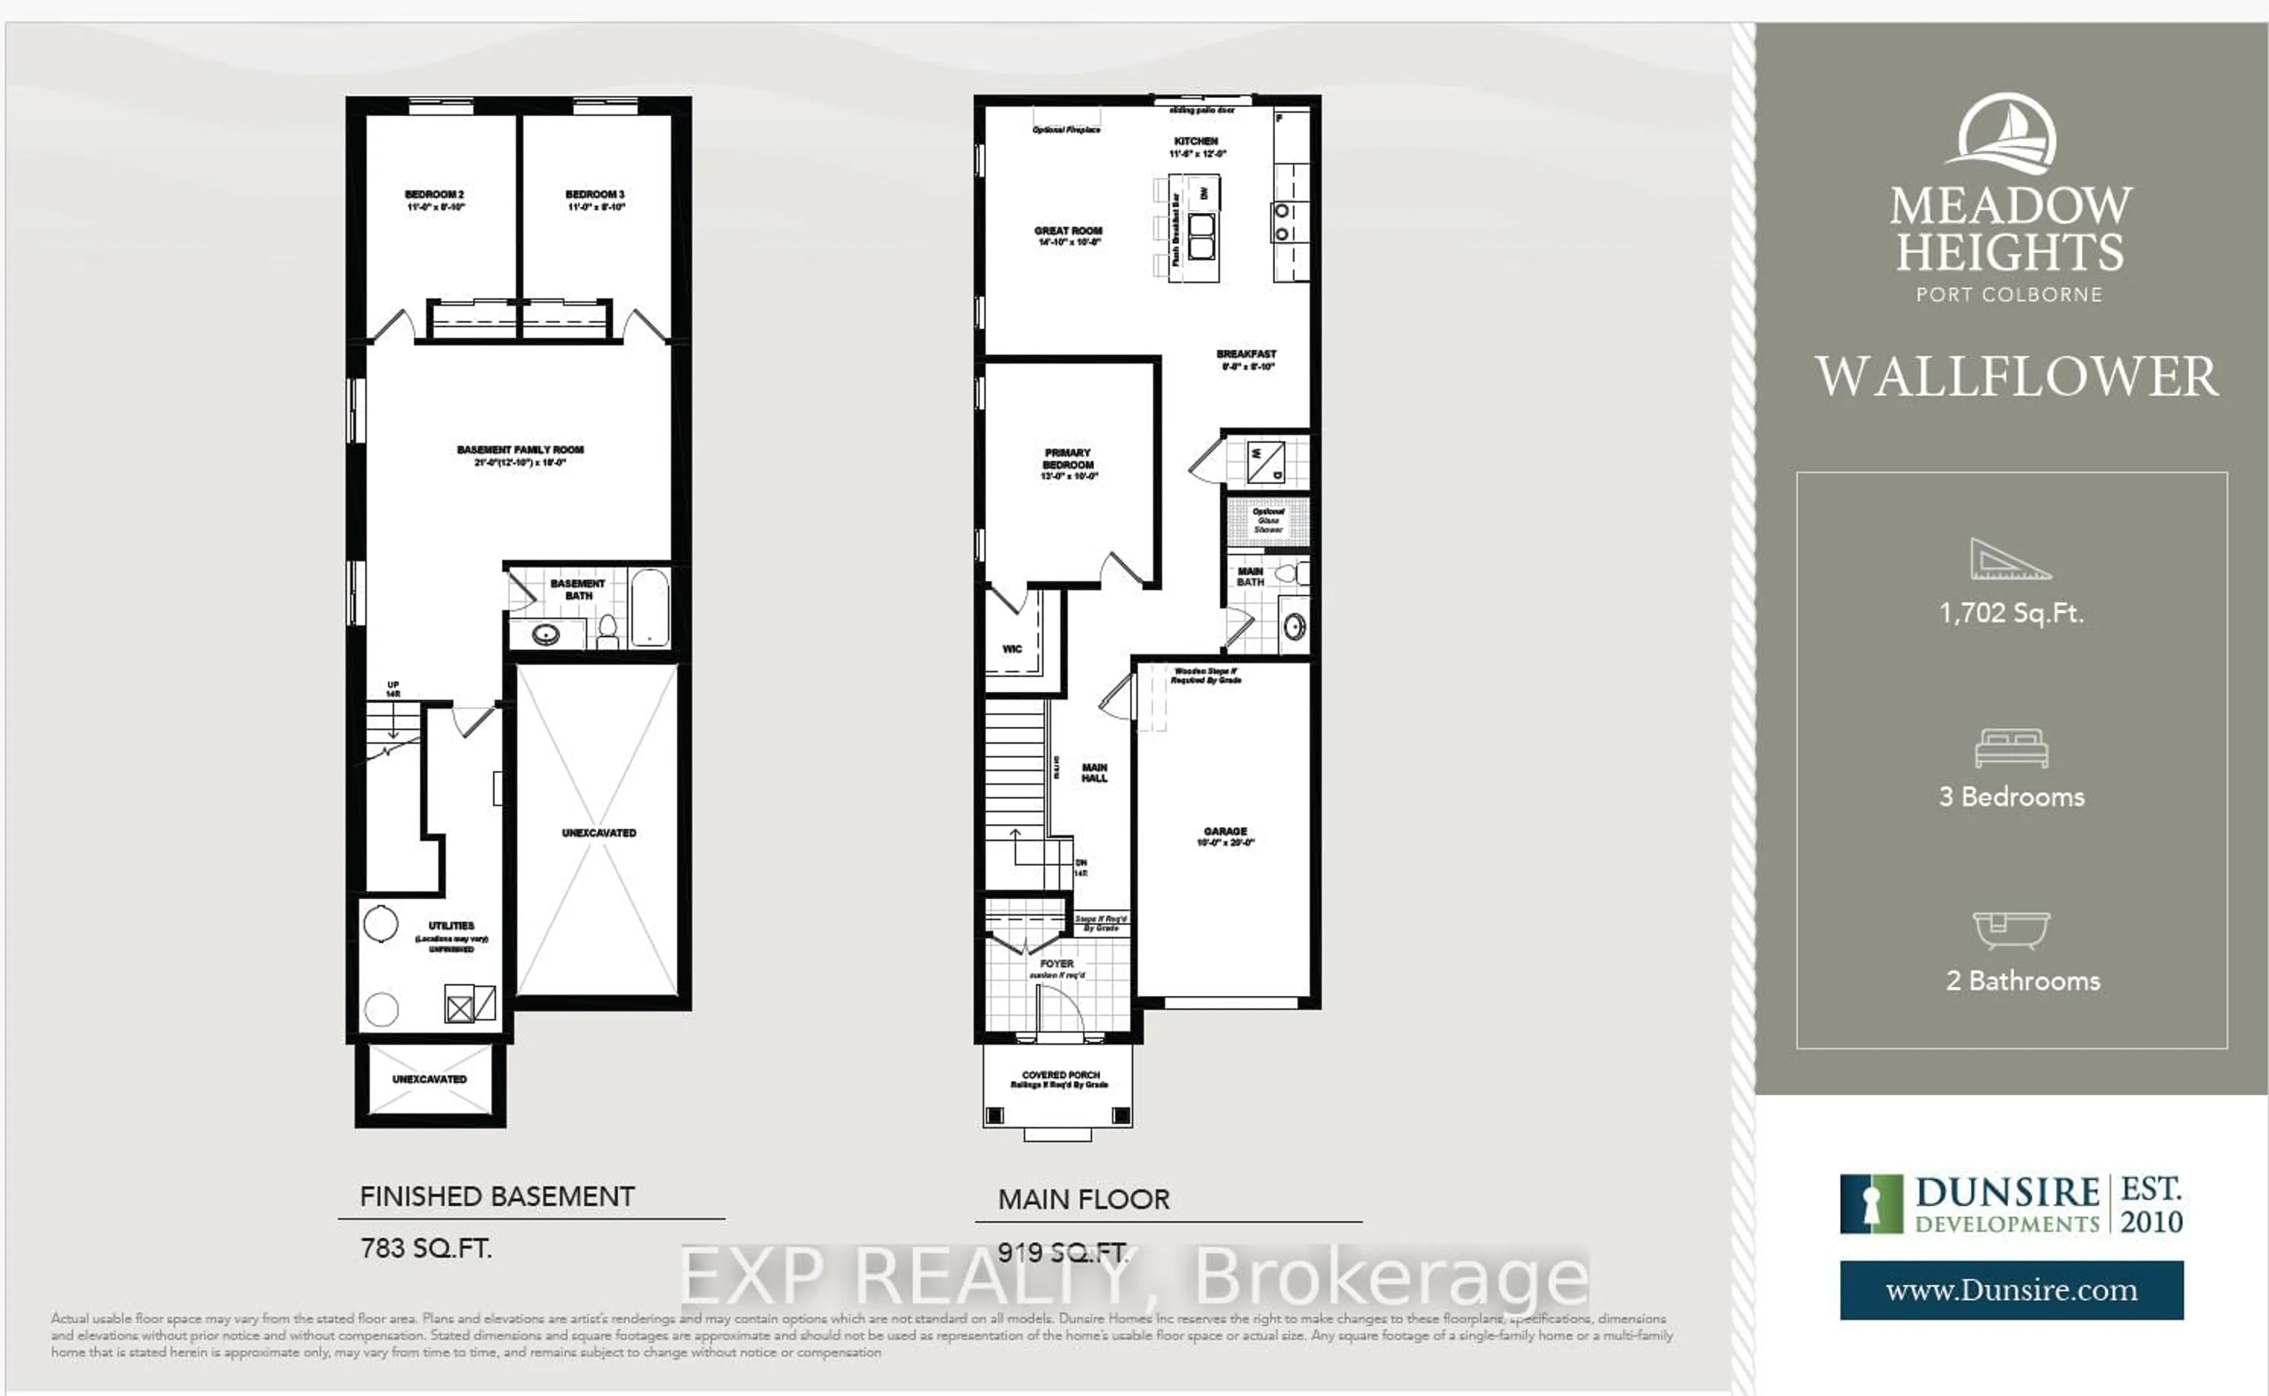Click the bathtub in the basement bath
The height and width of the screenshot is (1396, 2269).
coord(649,607)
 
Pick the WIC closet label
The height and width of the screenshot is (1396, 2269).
coord(1012,649)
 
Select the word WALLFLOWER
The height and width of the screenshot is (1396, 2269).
coord(2016,377)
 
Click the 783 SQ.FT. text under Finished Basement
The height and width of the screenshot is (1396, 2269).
coord(425,1248)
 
